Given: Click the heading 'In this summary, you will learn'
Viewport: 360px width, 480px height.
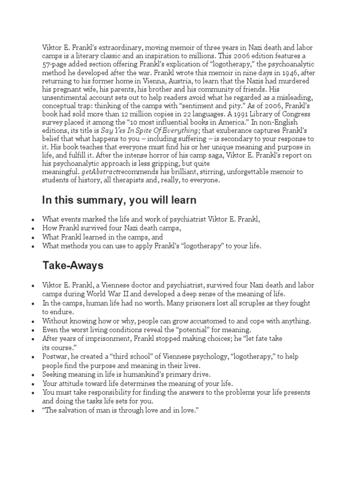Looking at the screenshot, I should point(119,201).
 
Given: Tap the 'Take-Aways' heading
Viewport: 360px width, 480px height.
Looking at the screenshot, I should point(73,266).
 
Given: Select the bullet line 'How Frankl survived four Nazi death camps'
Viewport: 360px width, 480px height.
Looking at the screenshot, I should point(112,227).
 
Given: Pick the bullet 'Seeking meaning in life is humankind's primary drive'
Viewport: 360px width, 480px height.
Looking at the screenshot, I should point(127,374).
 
